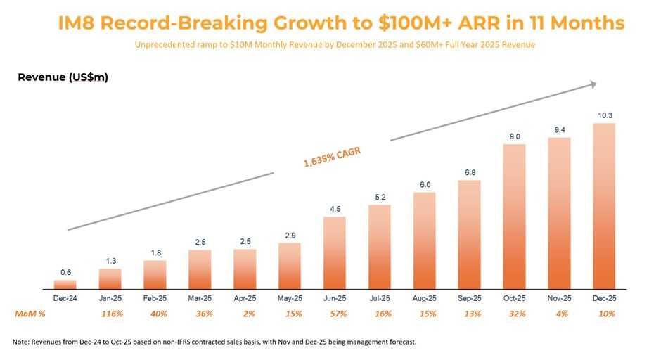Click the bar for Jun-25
click(334, 253)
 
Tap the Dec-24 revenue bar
click(65, 285)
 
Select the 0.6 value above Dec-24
click(65, 272)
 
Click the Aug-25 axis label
click(424, 299)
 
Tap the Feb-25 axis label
click(155, 299)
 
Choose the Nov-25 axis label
click(559, 299)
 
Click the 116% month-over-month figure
click(110, 314)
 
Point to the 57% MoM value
click(334, 314)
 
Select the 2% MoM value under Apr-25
click(245, 314)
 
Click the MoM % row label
click(30, 314)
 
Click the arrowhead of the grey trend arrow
click(593, 84)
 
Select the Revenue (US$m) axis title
click(63, 77)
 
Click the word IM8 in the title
click(78, 23)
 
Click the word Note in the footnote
click(22, 342)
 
